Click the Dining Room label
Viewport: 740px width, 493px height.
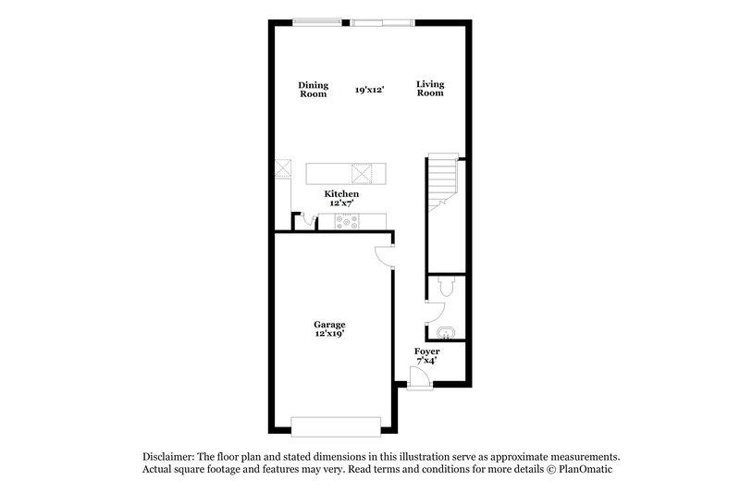(313, 89)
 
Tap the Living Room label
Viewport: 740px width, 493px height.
(430, 89)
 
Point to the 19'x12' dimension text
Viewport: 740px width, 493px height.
(369, 90)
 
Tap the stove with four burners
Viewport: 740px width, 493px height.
(348, 221)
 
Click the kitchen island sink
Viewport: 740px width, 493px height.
(362, 173)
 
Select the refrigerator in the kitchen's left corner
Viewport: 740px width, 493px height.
(283, 169)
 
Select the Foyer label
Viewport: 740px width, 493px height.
(426, 351)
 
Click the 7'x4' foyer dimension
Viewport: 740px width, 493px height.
(426, 361)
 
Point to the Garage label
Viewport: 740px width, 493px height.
(329, 325)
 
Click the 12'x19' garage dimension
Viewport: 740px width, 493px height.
(329, 334)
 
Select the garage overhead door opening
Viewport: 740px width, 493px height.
(335, 425)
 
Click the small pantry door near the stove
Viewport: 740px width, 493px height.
(304, 220)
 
